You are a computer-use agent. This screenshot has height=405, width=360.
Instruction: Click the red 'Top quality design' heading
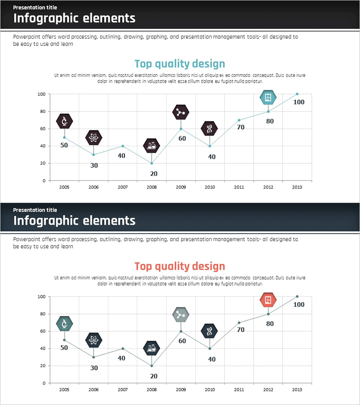point(180,266)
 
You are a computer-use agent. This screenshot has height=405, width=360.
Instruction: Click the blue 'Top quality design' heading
point(180,63)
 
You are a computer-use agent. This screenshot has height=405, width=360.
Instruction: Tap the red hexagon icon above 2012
point(268,300)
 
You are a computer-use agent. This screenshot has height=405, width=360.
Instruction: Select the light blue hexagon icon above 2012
point(268,97)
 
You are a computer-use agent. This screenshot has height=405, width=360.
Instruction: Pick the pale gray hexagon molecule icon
point(181,315)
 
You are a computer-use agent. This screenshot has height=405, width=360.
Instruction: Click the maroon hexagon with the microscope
point(64,121)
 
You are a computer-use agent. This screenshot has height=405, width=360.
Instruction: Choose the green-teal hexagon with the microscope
point(64,324)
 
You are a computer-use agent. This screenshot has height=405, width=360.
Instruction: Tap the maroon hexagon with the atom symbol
point(94,137)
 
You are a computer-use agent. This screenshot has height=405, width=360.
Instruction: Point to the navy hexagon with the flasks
point(152,348)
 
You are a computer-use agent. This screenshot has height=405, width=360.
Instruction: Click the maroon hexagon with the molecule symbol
point(181,112)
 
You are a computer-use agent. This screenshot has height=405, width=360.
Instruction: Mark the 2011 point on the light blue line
point(239,120)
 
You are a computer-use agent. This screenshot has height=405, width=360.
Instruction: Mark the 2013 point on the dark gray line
point(297,297)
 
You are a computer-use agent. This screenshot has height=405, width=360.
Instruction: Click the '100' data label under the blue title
point(299,102)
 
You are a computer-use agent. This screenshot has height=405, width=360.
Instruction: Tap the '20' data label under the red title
point(153,376)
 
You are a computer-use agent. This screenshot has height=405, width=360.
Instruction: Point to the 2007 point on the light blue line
point(123,146)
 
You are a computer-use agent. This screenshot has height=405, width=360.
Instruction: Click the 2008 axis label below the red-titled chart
point(152,389)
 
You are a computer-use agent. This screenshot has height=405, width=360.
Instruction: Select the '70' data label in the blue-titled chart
point(241,127)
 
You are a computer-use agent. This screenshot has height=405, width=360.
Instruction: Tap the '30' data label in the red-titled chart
point(94,368)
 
